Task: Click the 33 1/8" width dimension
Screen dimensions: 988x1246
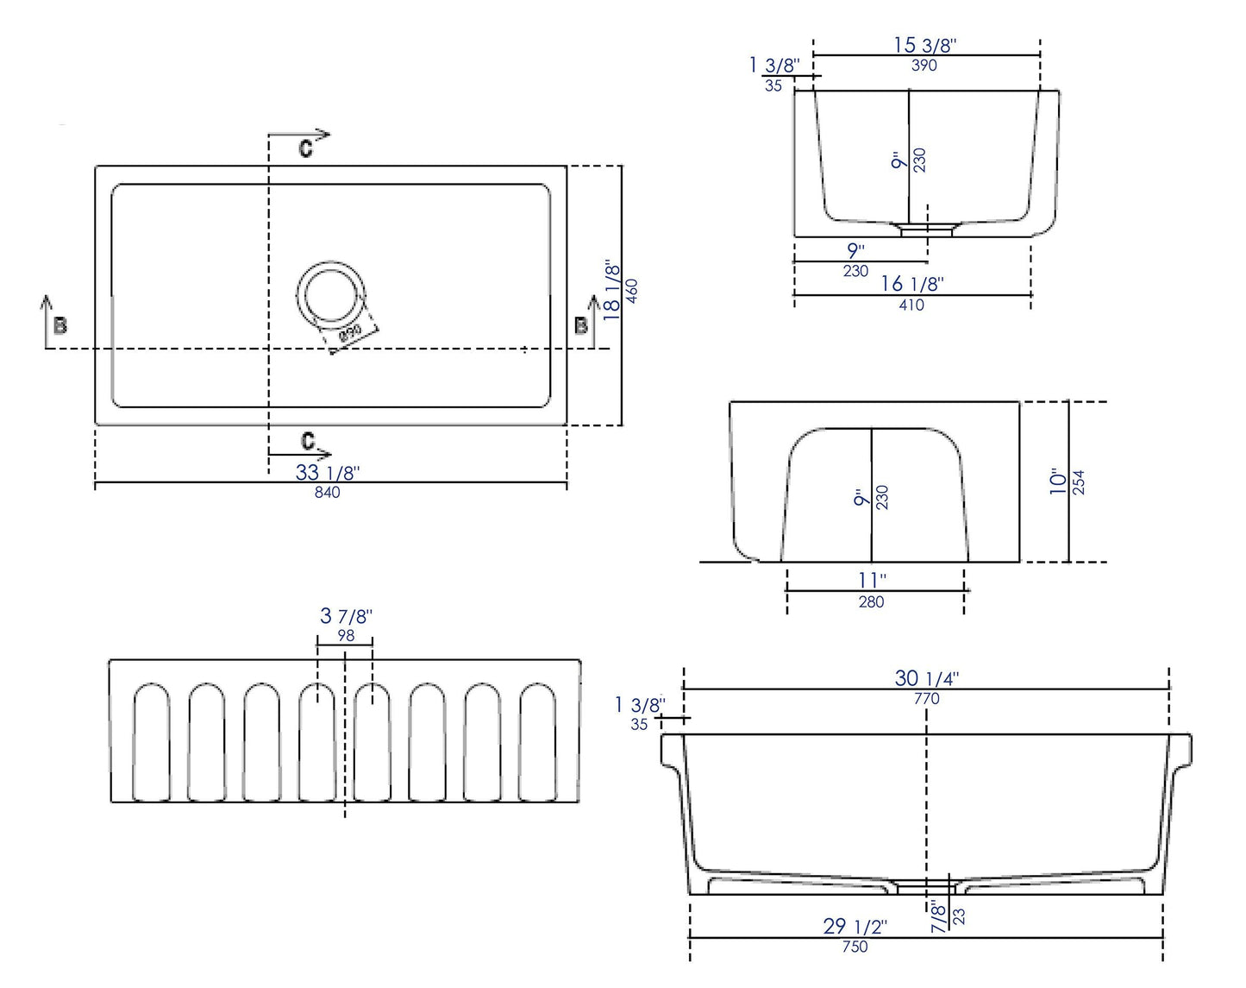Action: [x=327, y=472]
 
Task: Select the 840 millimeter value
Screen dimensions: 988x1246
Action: [x=327, y=492]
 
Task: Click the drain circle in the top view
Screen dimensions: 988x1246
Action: [x=332, y=293]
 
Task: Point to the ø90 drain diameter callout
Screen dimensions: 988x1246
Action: [x=350, y=335]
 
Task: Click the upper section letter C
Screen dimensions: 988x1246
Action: [x=305, y=148]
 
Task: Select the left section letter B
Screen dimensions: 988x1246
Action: [x=60, y=325]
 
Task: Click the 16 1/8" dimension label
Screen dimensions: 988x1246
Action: [x=912, y=283]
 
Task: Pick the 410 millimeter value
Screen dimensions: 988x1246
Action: [x=911, y=305]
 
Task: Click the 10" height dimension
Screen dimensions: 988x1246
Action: [x=1058, y=481]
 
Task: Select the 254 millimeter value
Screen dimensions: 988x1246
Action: [x=1079, y=481]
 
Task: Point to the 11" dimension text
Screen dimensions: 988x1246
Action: [x=871, y=580]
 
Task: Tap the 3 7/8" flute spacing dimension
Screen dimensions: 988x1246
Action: [x=345, y=616]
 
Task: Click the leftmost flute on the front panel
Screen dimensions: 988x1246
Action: [x=151, y=741]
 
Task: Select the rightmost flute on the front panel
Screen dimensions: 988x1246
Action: [x=537, y=741]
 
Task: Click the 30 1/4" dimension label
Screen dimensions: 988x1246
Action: [x=926, y=678]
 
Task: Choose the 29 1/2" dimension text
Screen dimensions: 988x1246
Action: [x=855, y=926]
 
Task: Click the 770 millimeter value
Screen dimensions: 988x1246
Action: [x=926, y=699]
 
